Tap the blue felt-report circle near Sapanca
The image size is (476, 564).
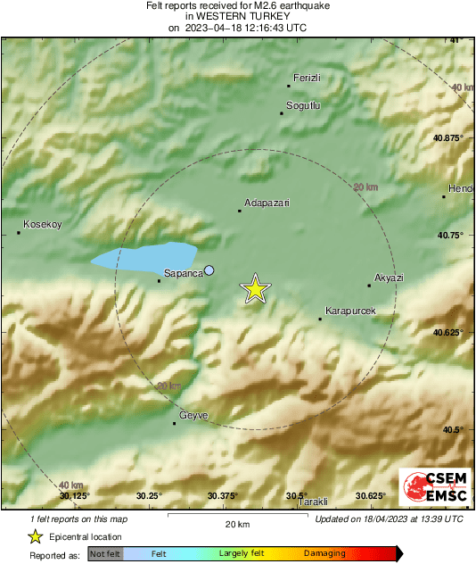(x=209, y=270)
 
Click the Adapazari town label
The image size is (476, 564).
(x=267, y=203)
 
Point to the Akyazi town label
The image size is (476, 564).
(x=390, y=278)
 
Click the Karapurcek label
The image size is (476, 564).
(x=350, y=311)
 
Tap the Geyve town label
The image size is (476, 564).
(x=194, y=415)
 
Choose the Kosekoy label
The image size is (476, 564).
(x=42, y=225)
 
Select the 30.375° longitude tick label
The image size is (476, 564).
(x=222, y=495)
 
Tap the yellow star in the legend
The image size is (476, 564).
(x=35, y=536)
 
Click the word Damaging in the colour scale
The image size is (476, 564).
(x=324, y=553)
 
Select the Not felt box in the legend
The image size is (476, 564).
(x=105, y=554)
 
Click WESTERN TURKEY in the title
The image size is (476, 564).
(x=237, y=16)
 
